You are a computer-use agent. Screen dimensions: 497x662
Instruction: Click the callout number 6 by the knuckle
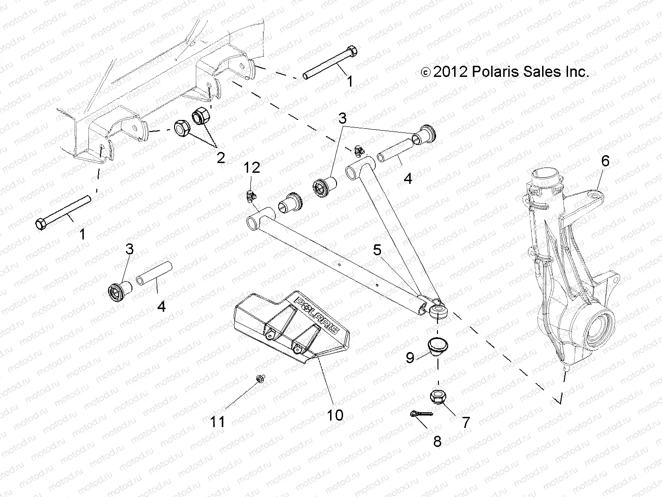[605, 161]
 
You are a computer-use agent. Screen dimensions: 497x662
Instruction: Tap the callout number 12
[252, 168]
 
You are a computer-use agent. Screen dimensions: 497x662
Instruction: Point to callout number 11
[218, 422]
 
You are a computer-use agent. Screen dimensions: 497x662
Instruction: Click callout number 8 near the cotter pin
[437, 441]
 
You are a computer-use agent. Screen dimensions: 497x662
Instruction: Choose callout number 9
[410, 357]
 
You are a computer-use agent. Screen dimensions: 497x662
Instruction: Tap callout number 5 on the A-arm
[377, 251]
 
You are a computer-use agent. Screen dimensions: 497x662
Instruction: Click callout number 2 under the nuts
[221, 157]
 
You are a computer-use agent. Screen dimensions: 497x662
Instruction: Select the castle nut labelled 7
[437, 396]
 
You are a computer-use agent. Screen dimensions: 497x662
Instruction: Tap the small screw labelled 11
[258, 380]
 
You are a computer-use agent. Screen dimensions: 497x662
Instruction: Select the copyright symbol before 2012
[425, 72]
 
